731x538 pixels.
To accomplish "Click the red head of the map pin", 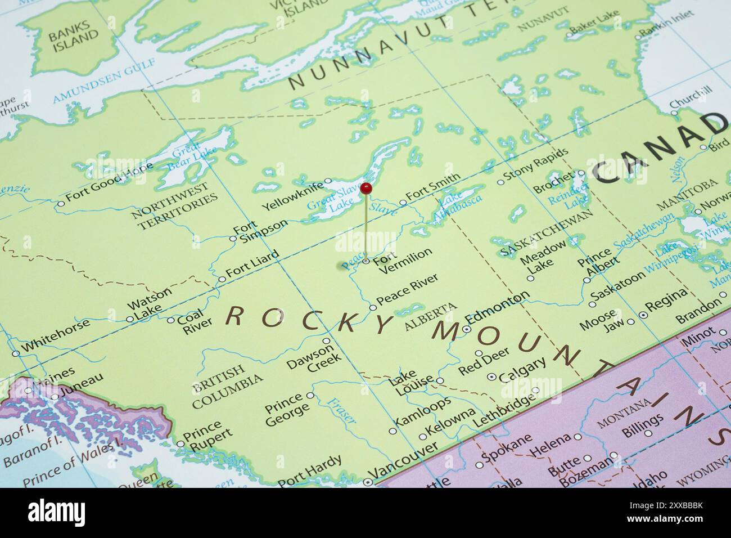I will [x=366, y=188].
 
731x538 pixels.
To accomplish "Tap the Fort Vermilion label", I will [x=402, y=259].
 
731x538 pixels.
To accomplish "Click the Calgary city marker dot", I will [x=492, y=376].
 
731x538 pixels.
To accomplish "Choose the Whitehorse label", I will [x=56, y=334].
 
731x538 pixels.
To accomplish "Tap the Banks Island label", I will [x=72, y=40].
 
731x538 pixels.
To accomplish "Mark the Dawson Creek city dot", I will [x=326, y=341].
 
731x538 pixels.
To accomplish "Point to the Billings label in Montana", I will [x=643, y=425].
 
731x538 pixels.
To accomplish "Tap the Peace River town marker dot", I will [x=372, y=307].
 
